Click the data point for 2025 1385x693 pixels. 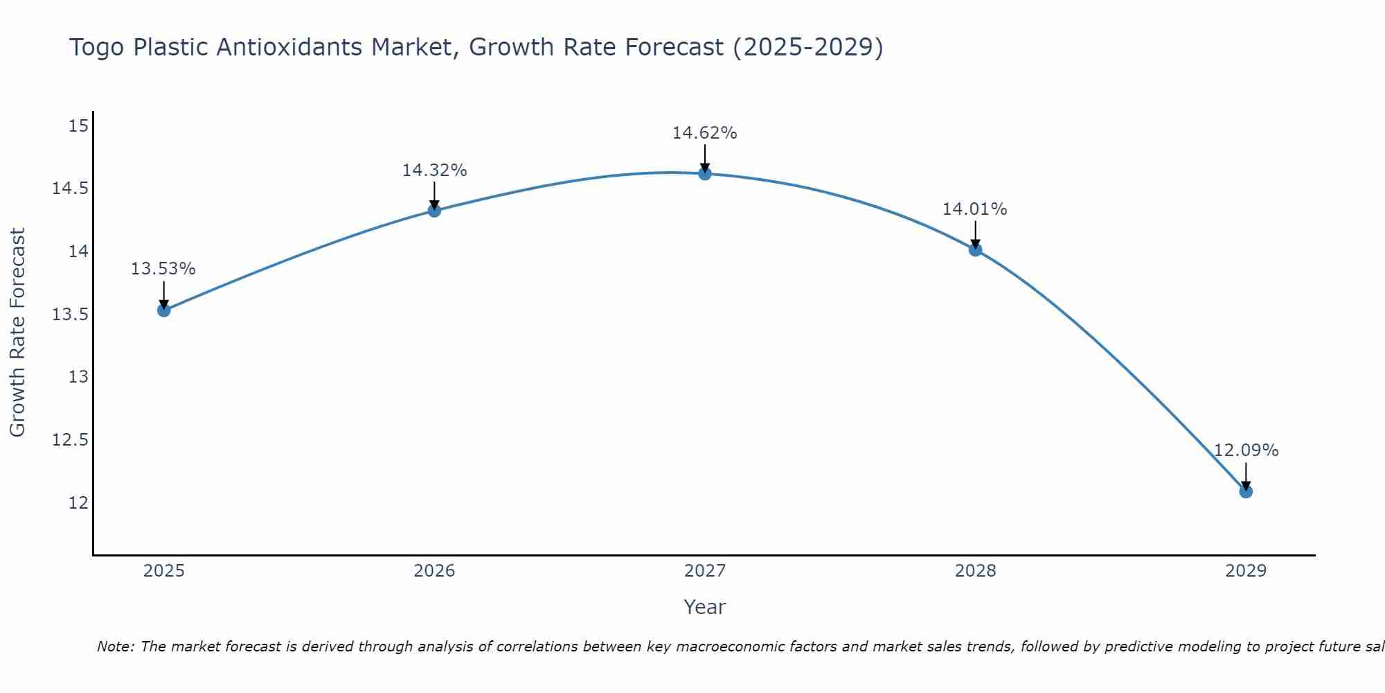click(163, 310)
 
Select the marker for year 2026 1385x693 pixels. click(434, 211)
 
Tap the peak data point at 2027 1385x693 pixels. click(705, 173)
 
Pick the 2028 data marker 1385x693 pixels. click(975, 249)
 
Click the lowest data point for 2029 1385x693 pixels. click(1246, 491)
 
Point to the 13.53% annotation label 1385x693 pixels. click(163, 269)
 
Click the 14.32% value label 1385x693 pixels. click(434, 170)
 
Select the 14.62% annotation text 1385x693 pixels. click(705, 133)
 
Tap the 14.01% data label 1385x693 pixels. click(975, 209)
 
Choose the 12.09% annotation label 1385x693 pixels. click(1246, 450)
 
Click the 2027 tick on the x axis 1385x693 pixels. click(705, 571)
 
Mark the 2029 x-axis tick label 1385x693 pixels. click(1246, 571)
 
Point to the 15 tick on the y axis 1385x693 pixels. click(79, 125)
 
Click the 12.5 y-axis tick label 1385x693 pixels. click(71, 440)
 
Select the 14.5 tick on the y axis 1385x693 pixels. click(71, 188)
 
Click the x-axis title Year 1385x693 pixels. click(705, 607)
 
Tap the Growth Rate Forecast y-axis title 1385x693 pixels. click(18, 333)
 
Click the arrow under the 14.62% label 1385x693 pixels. click(705, 158)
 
